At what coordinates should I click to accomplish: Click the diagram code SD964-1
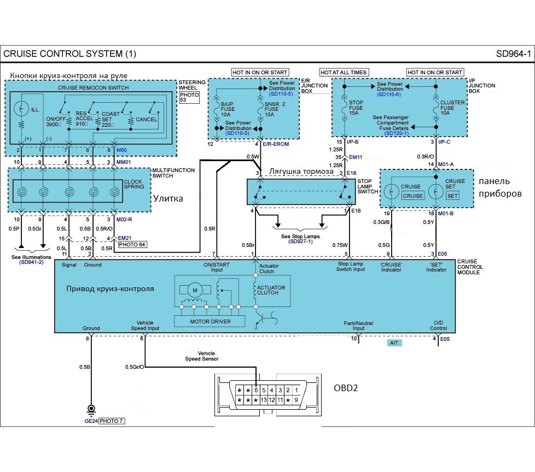coord(513,54)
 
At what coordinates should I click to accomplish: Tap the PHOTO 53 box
coord(189,97)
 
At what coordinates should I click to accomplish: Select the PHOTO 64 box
coord(132,244)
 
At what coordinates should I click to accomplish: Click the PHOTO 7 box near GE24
coord(112,421)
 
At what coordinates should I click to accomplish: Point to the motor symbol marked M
coord(195,291)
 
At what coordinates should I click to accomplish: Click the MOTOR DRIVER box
coord(210,321)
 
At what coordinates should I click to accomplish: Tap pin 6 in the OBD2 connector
coord(256,390)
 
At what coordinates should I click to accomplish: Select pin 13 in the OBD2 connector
coord(264,400)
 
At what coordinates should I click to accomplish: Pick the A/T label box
coord(394,343)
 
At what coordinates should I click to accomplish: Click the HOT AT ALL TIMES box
coord(344,72)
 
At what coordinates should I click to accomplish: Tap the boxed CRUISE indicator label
coord(413,196)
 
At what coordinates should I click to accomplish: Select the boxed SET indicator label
coord(452,196)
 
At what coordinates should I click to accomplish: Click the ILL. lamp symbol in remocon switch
coord(21,108)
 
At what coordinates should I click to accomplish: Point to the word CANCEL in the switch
coord(147,119)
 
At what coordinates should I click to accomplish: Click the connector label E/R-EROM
coord(276,144)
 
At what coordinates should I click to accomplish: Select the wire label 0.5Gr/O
coord(135,367)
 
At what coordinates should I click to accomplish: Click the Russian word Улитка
coord(168,198)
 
